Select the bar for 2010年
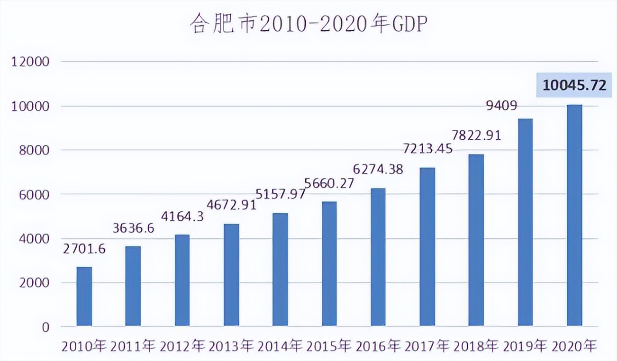[x=84, y=297]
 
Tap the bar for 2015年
[x=329, y=264]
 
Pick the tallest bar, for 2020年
[x=574, y=216]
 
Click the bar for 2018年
[x=476, y=240]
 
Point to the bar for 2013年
[x=231, y=275]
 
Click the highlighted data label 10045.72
[x=574, y=86]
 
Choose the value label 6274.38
[x=378, y=169]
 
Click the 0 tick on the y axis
[x=45, y=327]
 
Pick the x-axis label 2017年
[x=427, y=346]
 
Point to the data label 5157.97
[x=280, y=193]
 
